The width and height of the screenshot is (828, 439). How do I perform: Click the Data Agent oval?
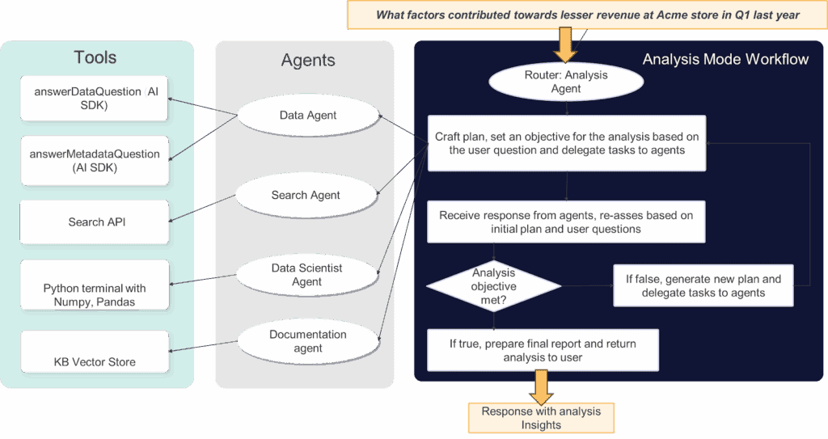308,116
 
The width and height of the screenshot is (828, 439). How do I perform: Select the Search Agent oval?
306,195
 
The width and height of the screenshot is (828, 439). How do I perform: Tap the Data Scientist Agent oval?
306,275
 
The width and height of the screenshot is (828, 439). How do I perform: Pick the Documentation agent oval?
307,341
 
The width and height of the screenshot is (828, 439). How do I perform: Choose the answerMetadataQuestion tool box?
95,161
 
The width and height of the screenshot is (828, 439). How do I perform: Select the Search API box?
95,222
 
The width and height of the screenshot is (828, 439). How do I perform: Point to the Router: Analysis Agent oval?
566,82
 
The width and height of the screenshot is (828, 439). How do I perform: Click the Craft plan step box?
566,143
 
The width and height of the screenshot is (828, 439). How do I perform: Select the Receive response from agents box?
566,222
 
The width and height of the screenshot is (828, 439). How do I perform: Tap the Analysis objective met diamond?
493,285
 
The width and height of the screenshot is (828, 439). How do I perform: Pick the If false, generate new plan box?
703,285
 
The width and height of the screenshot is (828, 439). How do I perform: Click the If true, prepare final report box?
543,350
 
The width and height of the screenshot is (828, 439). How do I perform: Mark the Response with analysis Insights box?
541,417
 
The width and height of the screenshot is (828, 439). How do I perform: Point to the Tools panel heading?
95,57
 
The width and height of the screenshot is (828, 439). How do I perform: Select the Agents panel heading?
307,60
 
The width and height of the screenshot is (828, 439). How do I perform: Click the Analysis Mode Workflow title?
724,59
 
